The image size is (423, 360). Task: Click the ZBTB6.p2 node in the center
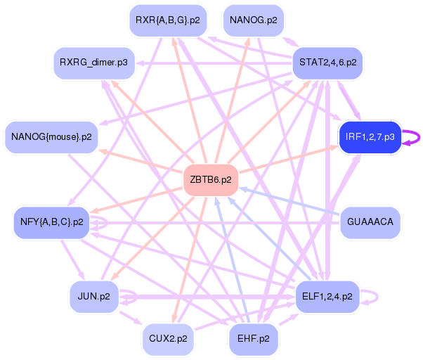pyautogui.click(x=210, y=180)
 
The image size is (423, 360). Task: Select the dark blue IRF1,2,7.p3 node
pyautogui.click(x=370, y=136)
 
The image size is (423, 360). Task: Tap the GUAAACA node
pyautogui.click(x=370, y=222)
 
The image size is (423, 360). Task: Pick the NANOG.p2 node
pyautogui.click(x=254, y=20)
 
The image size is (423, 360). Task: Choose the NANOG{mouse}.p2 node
pyautogui.click(x=52, y=136)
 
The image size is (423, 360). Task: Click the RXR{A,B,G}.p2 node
pyautogui.click(x=168, y=20)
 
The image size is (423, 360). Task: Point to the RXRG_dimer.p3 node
pyautogui.click(x=94, y=63)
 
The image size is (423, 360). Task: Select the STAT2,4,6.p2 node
pyautogui.click(x=327, y=63)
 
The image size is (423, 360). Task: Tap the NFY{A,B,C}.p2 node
pyautogui.click(x=52, y=222)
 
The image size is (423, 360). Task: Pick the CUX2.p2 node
pyautogui.click(x=168, y=338)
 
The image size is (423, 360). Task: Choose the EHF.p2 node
pyautogui.click(x=254, y=338)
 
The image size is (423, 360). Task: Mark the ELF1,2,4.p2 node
pyautogui.click(x=327, y=296)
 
